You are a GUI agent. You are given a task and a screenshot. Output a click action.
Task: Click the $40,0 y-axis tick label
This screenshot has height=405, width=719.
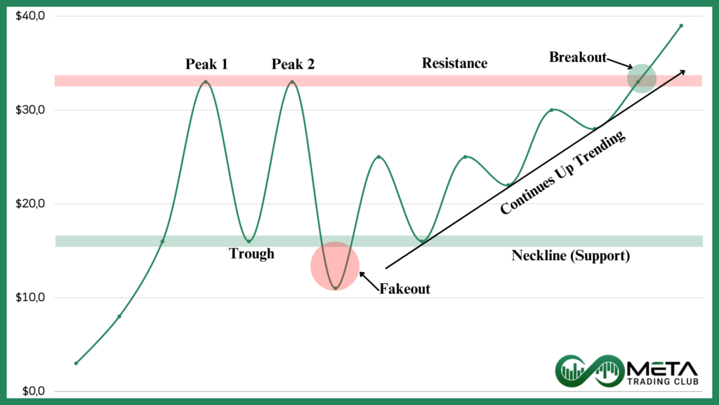[x=30, y=16]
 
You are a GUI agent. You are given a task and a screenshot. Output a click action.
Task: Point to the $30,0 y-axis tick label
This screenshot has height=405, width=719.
[x=30, y=110]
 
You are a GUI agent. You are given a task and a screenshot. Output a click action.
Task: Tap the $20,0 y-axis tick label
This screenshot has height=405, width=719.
[x=30, y=203]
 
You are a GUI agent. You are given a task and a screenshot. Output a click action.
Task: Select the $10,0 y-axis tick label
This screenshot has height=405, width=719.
[x=30, y=297]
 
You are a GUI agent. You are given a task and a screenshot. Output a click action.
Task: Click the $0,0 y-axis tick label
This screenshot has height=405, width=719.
[x=34, y=391]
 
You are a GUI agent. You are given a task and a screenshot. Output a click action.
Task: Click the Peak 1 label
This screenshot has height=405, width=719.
[x=206, y=64]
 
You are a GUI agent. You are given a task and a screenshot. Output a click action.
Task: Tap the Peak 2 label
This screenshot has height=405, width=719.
[x=293, y=64]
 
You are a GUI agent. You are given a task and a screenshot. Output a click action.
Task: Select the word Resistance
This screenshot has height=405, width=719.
[x=454, y=63]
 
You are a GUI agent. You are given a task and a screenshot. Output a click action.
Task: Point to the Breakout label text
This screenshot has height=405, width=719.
[x=578, y=57]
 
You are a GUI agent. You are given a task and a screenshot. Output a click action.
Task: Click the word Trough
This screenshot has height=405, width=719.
[x=251, y=253]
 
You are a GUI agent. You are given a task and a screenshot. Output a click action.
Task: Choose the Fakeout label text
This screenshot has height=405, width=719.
[x=404, y=289]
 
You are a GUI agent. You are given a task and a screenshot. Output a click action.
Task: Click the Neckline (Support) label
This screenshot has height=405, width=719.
[x=570, y=255]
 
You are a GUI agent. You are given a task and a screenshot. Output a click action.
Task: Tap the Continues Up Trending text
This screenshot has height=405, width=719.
[x=562, y=172]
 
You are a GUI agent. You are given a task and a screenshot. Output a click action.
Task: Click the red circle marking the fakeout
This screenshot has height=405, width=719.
[x=335, y=266]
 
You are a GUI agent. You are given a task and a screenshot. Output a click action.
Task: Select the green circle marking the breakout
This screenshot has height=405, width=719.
[x=642, y=79]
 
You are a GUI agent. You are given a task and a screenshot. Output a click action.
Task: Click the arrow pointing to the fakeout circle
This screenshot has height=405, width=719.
[x=369, y=281]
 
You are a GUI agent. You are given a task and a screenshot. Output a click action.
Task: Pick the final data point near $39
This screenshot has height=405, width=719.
[x=681, y=26]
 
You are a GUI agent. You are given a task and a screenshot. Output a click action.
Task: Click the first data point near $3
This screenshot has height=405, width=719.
[x=76, y=364]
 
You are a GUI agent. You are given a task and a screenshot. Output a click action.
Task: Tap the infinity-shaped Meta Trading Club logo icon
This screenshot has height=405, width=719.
[x=590, y=370]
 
